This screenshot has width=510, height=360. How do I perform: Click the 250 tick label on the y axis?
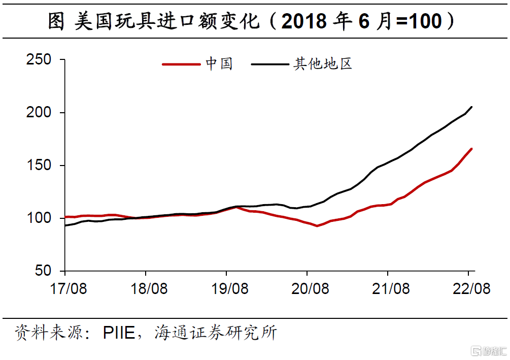[39, 60]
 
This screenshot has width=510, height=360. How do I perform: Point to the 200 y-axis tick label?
[39, 113]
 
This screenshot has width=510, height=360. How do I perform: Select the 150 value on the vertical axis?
[39, 166]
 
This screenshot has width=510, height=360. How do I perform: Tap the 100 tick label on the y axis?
[39, 218]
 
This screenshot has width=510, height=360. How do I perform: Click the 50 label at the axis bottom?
[44, 271]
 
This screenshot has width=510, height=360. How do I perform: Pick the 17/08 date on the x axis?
[68, 289]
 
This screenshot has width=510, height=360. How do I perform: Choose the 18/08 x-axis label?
[149, 289]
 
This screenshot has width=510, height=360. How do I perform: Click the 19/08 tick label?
[229, 289]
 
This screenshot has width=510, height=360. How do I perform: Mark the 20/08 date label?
[310, 289]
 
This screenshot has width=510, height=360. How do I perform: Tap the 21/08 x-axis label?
[391, 289]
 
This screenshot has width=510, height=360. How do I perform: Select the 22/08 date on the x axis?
[471, 289]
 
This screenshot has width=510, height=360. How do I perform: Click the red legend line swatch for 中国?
[181, 64]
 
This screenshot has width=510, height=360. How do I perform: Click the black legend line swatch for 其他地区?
[269, 64]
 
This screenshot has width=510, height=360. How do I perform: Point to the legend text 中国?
[219, 64]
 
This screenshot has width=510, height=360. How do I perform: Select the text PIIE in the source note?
[119, 333]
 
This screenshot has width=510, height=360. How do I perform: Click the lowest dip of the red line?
[317, 225]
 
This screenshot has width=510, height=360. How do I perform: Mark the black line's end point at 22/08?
[472, 107]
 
